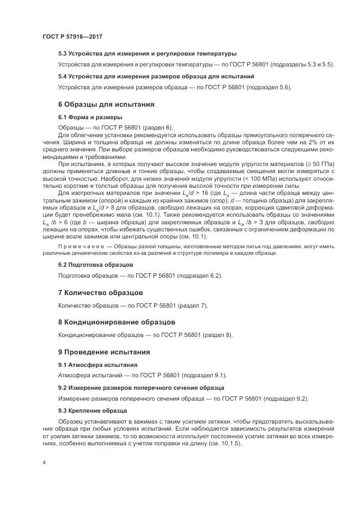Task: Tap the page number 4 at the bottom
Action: click(x=44, y=463)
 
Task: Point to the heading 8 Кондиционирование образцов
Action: click(x=117, y=322)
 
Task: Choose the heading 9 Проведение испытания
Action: click(x=105, y=352)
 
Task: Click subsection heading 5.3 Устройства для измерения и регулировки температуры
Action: click(x=147, y=54)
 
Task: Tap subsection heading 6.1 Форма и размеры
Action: click(x=90, y=117)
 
